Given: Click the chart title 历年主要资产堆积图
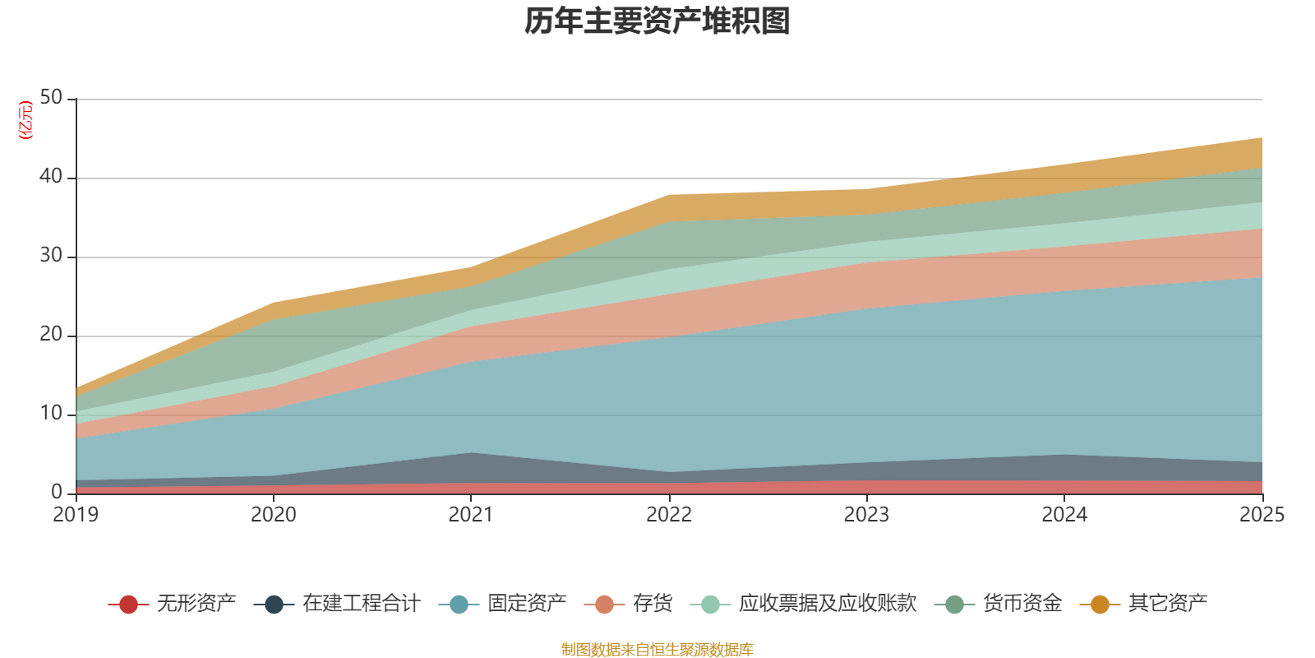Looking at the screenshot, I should tap(657, 21).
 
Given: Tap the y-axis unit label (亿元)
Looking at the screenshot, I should tap(26, 120).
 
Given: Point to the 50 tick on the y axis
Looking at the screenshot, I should tap(51, 97).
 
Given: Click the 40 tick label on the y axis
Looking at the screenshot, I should tap(51, 176).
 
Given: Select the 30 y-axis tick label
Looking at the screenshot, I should tap(51, 255).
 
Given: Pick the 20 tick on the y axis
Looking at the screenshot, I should tap(51, 334).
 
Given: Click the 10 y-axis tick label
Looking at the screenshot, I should tap(51, 413).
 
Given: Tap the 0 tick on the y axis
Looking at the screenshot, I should tap(57, 492).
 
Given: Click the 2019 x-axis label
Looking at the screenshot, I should tap(76, 515).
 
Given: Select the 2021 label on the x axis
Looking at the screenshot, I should tap(471, 515).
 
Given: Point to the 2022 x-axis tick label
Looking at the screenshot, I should tap(669, 515).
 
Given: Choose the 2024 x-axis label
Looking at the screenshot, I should tap(1064, 515).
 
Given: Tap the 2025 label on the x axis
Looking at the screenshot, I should tap(1262, 515).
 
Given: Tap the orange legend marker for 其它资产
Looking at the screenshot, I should tap(1100, 605).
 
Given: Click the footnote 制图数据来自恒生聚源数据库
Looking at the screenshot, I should tap(657, 650).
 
